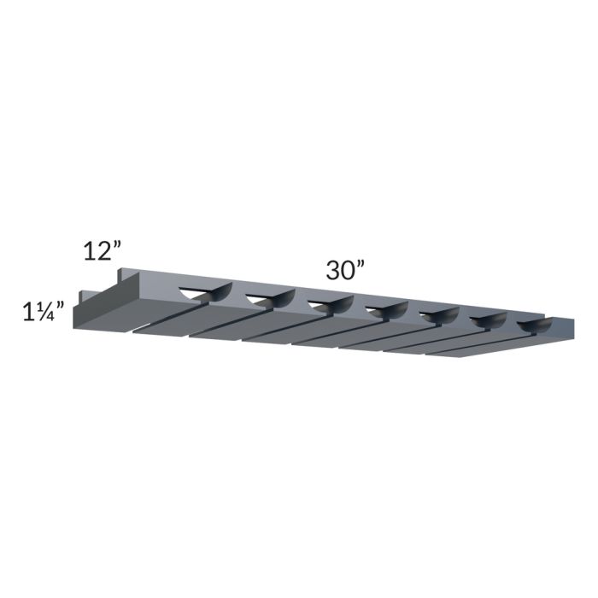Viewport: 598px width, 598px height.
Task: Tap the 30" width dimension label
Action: click(345, 270)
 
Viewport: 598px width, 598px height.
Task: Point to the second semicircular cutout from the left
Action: click(268, 298)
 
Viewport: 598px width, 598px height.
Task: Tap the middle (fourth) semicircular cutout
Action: click(384, 309)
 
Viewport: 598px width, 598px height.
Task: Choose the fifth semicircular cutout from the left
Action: click(438, 315)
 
